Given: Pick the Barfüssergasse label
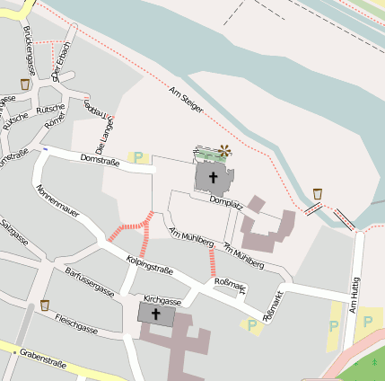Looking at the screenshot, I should click(x=90, y=281).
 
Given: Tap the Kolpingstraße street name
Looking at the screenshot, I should click(x=150, y=264).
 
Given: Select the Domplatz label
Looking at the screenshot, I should click(x=226, y=202).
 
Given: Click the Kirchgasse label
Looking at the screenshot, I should click(x=162, y=302).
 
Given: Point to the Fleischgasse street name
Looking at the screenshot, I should click(x=76, y=323).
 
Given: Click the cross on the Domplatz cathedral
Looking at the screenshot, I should click(x=214, y=177).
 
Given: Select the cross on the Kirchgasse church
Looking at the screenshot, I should click(x=156, y=315).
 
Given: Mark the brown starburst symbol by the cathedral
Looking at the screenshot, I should click(x=223, y=152).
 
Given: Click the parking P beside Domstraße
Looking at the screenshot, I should click(x=138, y=157).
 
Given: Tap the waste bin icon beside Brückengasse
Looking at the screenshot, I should click(x=24, y=84).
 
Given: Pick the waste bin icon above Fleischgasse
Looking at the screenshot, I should click(x=45, y=306).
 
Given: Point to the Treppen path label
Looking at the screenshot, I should click(x=94, y=112).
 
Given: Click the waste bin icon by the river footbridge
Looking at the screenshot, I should click(x=318, y=193).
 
